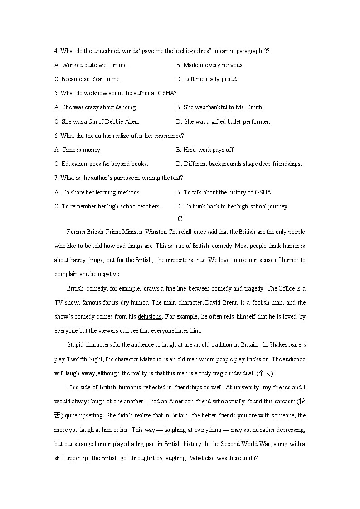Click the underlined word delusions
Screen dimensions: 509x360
[x=150, y=316]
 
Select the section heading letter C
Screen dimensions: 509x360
[x=180, y=219]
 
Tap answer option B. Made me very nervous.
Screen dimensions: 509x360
[x=210, y=65]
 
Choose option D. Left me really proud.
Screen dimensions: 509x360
[x=207, y=79]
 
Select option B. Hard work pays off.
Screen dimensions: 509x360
[x=205, y=150]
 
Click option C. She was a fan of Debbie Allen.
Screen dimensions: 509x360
[x=97, y=121]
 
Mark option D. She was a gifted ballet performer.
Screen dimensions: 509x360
[x=223, y=121]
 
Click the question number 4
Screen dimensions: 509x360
[x=56, y=51]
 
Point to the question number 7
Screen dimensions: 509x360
[x=56, y=178]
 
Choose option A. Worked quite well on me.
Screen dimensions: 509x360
[x=91, y=65]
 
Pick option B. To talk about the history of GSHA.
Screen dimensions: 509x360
[x=224, y=192]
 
